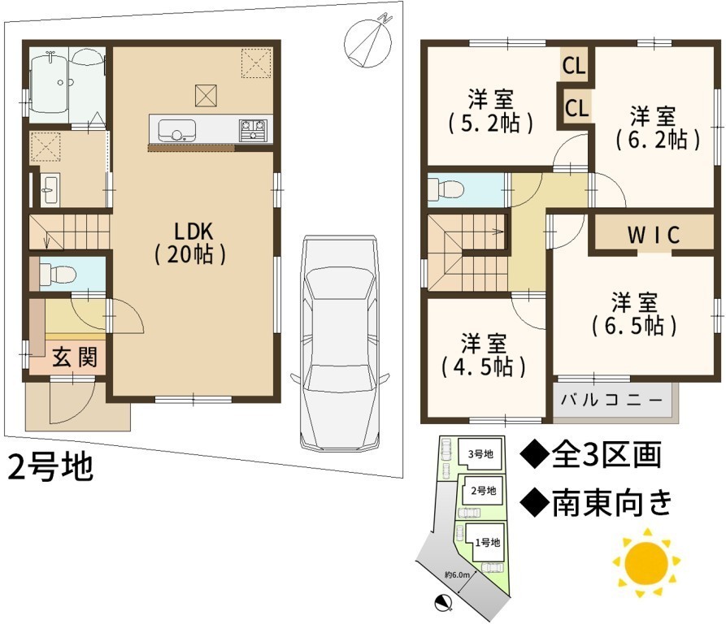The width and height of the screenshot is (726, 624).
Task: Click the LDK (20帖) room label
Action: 190,243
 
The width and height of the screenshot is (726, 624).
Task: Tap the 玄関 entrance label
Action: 75,357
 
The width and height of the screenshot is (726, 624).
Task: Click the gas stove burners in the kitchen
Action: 253,129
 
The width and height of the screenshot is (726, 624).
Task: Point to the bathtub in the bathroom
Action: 50,85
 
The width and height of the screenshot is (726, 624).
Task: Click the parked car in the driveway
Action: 339,343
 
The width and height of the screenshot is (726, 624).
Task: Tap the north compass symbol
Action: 368,43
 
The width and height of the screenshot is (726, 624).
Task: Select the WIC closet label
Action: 654,235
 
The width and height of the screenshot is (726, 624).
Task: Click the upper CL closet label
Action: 574,66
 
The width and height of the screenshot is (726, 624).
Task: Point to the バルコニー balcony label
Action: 611,400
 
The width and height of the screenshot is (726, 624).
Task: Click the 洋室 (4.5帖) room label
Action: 484,355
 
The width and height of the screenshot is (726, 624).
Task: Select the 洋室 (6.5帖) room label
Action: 634,314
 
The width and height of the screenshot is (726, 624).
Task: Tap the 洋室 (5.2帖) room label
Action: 491,111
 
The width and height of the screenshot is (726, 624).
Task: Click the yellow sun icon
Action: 646,563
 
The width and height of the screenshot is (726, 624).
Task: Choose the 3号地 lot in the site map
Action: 480,453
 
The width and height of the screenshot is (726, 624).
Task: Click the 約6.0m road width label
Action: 457,575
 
